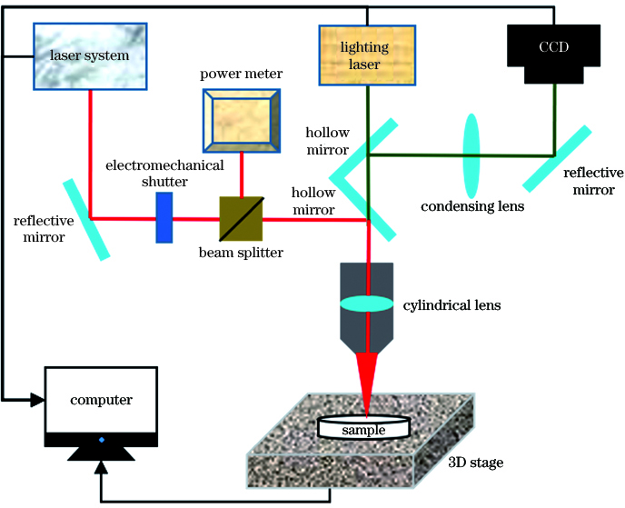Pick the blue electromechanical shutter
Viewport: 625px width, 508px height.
coord(164,218)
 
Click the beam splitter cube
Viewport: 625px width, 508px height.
coord(240,218)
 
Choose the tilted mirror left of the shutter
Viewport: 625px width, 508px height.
coord(88,219)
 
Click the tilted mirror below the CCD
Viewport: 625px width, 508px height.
coord(560,155)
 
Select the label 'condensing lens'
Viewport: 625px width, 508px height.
coord(472,206)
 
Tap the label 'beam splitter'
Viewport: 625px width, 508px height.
coord(241,252)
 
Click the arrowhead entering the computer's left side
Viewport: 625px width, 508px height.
coord(39,399)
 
